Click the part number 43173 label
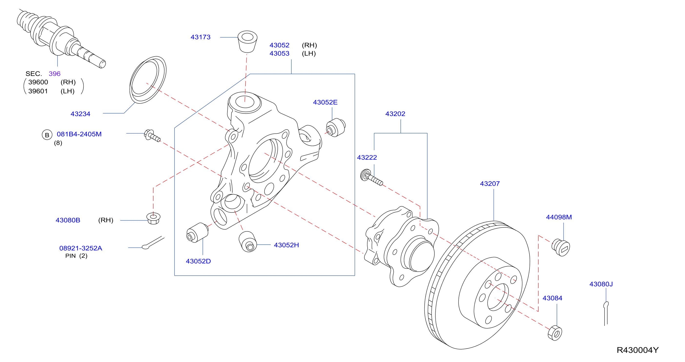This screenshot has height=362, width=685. (x=201, y=37)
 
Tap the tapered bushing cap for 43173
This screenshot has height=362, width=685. (x=247, y=42)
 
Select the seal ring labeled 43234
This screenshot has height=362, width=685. (x=148, y=80)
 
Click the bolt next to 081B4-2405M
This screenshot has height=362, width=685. (x=152, y=136)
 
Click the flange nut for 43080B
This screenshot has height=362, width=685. (x=153, y=219)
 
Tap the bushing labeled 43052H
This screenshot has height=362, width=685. (x=248, y=241)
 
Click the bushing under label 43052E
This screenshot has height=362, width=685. (x=336, y=128)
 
